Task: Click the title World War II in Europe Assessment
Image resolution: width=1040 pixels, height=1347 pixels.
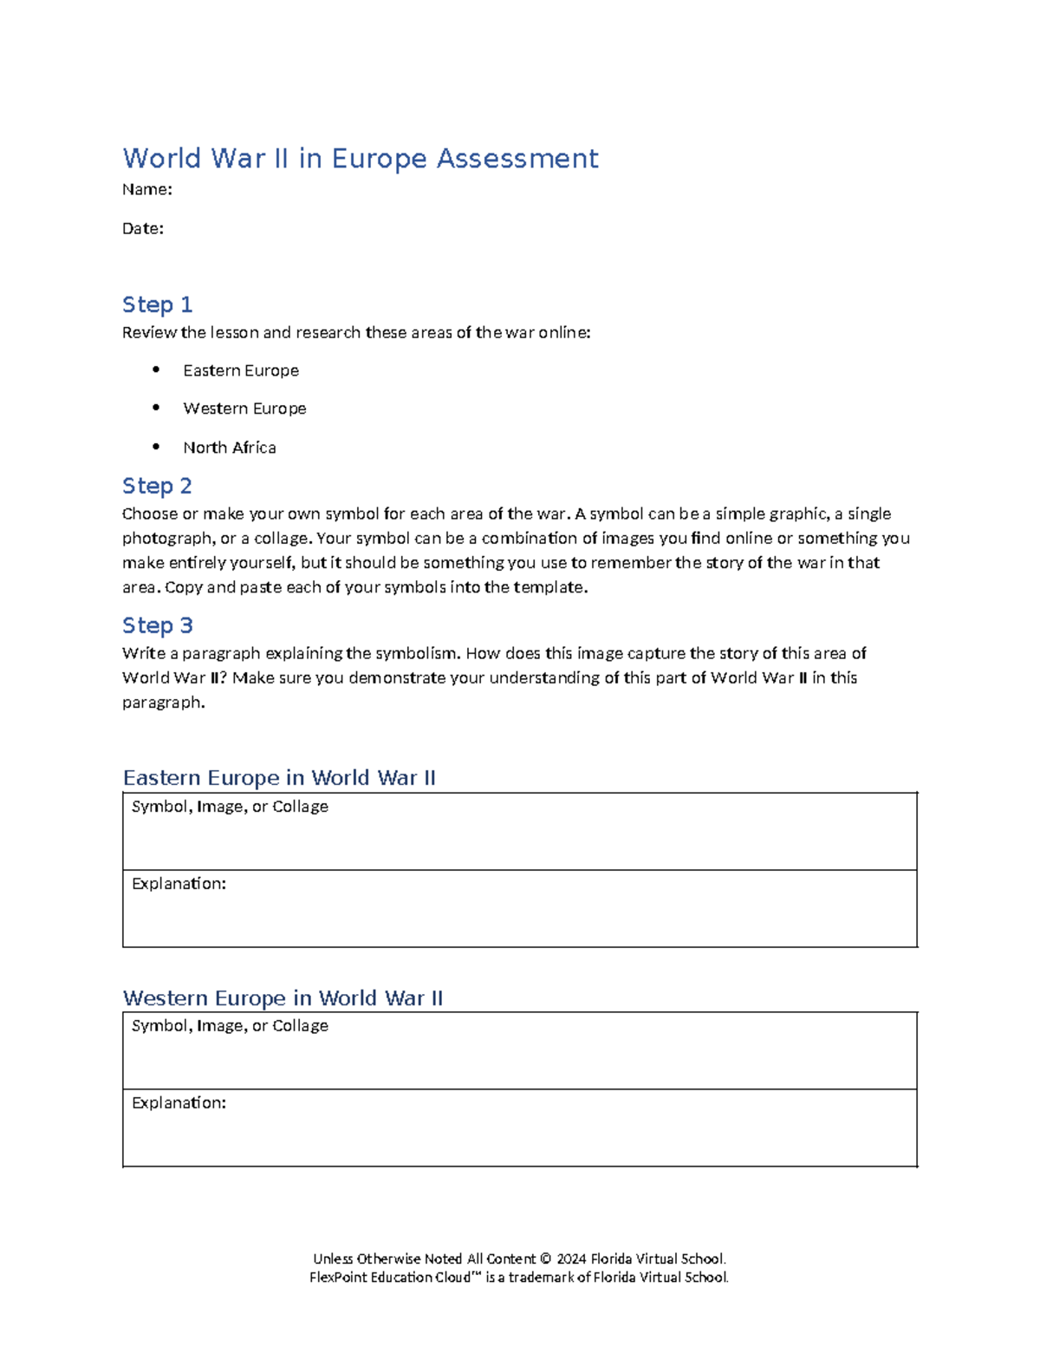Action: click(360, 159)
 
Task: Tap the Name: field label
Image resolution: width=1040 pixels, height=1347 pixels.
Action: click(147, 190)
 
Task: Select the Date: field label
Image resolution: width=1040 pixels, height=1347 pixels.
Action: click(143, 229)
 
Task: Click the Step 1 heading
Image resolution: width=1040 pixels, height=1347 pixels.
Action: click(157, 304)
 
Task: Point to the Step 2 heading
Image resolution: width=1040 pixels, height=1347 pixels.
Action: click(157, 486)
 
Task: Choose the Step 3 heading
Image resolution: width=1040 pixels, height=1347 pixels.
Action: click(158, 625)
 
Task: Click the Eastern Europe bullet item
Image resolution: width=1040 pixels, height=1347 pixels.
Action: click(241, 370)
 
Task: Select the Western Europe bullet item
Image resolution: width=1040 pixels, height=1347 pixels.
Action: click(244, 409)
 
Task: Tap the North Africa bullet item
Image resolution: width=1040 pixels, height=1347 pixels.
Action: click(230, 448)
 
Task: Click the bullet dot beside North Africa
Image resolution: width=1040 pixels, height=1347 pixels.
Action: click(156, 447)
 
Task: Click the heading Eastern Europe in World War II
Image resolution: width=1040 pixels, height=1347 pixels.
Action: click(279, 777)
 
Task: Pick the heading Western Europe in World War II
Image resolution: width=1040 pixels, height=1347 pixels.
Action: click(283, 997)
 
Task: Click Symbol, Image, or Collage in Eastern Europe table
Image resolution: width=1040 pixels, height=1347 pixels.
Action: click(230, 807)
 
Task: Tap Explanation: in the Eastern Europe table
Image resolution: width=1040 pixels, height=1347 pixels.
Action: click(179, 884)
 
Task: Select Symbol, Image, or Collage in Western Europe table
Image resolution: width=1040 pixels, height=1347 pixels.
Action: click(230, 1026)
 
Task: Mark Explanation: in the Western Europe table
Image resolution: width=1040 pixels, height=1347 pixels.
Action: click(179, 1103)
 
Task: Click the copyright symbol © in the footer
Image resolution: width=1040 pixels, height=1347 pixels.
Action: click(545, 1259)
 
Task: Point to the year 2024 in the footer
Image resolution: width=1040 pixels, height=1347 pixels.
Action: click(571, 1259)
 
